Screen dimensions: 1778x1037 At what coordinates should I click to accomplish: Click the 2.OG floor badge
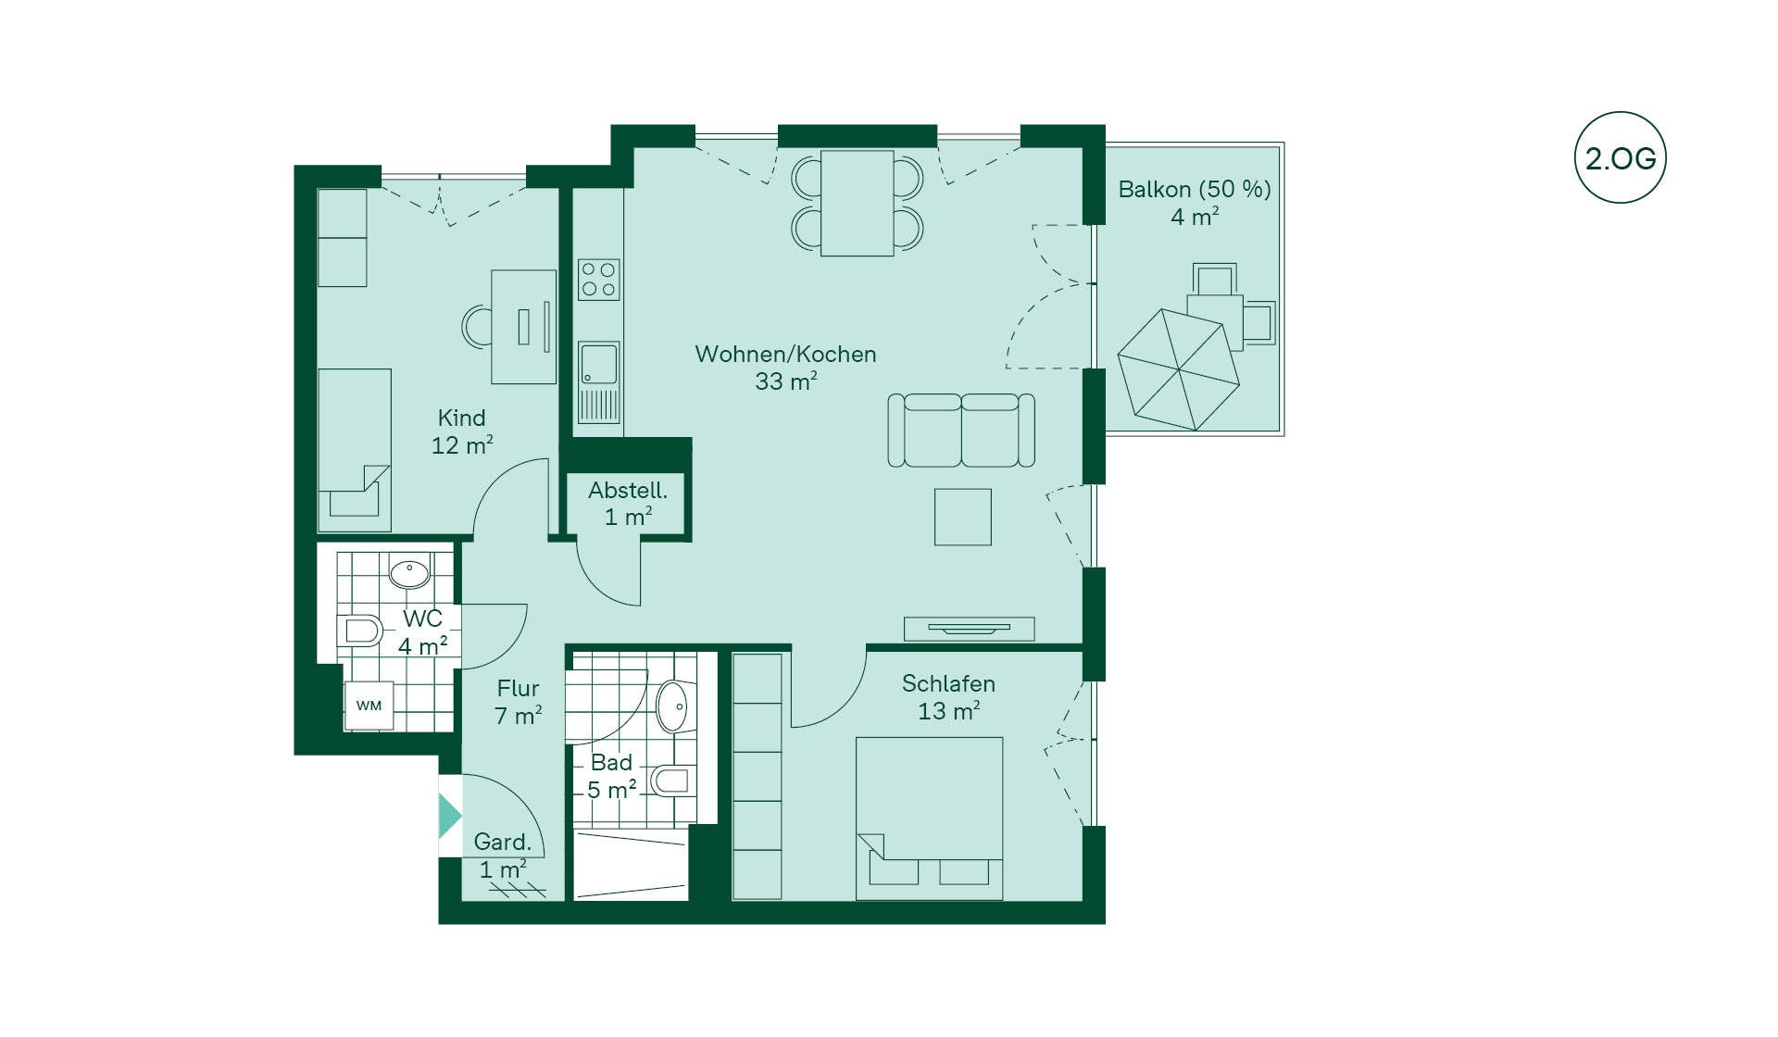[1620, 157]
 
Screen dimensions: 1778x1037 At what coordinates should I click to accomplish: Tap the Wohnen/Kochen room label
[785, 368]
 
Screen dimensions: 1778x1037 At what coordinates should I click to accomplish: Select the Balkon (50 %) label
[1195, 203]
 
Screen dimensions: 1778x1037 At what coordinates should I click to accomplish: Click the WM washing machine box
[369, 706]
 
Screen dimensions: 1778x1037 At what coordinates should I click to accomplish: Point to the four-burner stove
[598, 280]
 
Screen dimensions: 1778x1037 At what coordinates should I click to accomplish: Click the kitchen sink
[598, 363]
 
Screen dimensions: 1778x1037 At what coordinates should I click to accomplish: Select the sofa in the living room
[961, 430]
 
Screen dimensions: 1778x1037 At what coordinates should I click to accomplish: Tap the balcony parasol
[1178, 369]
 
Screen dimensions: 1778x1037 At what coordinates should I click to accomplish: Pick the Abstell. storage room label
[628, 504]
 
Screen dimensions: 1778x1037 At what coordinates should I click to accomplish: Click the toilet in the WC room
[359, 631]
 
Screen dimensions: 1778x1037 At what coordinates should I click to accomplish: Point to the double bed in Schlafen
[929, 818]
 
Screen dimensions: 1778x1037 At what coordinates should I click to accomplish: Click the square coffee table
[963, 517]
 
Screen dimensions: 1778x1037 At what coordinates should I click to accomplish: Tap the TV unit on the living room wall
[969, 629]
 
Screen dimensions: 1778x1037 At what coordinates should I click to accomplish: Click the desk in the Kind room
[523, 327]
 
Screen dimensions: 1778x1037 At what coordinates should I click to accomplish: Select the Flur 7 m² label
[518, 702]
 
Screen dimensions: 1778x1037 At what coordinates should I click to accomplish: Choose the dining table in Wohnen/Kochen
[857, 203]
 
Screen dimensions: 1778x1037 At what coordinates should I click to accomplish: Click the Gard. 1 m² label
[503, 856]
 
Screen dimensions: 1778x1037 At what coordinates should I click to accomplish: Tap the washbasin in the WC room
[409, 573]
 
